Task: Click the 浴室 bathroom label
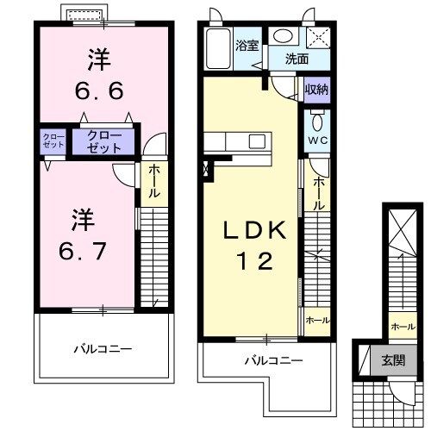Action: pyautogui.click(x=247, y=46)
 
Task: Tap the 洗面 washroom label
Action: pyautogui.click(x=297, y=59)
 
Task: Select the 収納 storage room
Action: pyautogui.click(x=317, y=90)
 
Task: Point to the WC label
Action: pyautogui.click(x=318, y=141)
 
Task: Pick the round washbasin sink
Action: pyautogui.click(x=283, y=36)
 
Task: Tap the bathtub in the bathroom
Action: pyautogui.click(x=218, y=48)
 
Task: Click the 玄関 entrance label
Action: pyautogui.click(x=393, y=360)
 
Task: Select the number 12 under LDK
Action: pyautogui.click(x=254, y=260)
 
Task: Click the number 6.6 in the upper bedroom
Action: pyautogui.click(x=99, y=91)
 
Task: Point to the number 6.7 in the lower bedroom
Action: pyautogui.click(x=83, y=251)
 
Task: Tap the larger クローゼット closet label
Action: pyautogui.click(x=103, y=141)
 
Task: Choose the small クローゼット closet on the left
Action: pyautogui.click(x=53, y=141)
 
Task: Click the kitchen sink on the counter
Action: pyautogui.click(x=257, y=141)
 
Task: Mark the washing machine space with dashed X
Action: pyautogui.click(x=318, y=37)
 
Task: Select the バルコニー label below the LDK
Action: pyautogui.click(x=273, y=360)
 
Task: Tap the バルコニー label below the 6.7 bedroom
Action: pyautogui.click(x=103, y=349)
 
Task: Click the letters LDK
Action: pyautogui.click(x=255, y=230)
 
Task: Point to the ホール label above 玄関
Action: pyautogui.click(x=403, y=327)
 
